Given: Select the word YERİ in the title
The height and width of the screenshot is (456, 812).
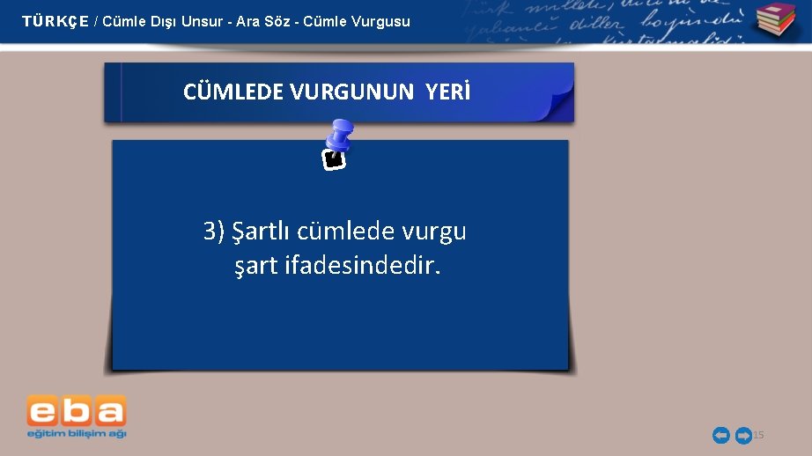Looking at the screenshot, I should (x=448, y=92).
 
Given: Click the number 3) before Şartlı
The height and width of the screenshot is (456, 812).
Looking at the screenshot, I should (x=214, y=232).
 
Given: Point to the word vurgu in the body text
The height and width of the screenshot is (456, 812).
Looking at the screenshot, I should (x=434, y=233).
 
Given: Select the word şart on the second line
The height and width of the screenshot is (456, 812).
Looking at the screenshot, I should (x=256, y=265).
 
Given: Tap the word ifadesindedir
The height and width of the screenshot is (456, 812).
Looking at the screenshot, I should (x=361, y=264).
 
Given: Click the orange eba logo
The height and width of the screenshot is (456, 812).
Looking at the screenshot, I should (x=77, y=410).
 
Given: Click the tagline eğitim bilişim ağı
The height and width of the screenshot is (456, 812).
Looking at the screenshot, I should (x=77, y=433).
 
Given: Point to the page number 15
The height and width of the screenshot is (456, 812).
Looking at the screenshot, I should (x=759, y=435).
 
